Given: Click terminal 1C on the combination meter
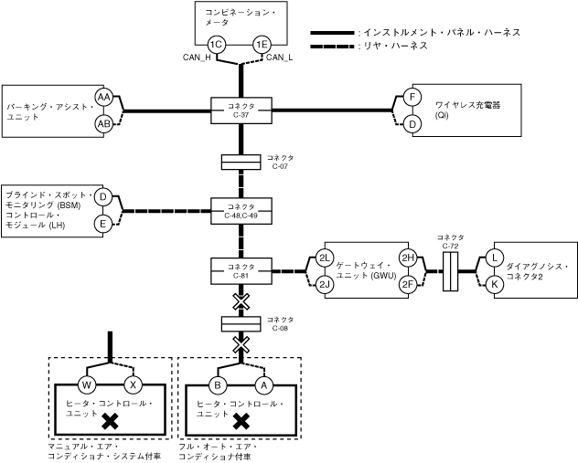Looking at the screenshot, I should point(216,44).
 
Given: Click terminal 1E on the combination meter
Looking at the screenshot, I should point(262,44).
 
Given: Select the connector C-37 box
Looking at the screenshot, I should point(241,111).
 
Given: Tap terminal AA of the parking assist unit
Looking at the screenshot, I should point(103,97).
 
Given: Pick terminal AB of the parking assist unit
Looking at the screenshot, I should point(103,123).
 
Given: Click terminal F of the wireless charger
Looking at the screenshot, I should point(412,97).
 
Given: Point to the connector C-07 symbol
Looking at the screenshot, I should point(241,163).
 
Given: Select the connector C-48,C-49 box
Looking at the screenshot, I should point(241,211).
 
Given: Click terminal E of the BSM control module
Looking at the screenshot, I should point(103,223).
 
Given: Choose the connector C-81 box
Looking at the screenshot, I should point(241,270).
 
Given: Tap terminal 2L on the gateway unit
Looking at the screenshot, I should point(325,258).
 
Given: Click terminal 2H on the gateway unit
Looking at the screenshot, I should point(408,258).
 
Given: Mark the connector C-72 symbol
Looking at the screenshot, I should point(450,271).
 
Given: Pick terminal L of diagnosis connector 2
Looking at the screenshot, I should point(495,258).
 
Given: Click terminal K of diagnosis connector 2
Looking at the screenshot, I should point(495,284).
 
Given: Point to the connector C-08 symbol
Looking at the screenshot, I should point(241,323).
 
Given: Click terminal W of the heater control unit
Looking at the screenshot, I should point(88,384).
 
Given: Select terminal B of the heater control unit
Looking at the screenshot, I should point(218,384).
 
